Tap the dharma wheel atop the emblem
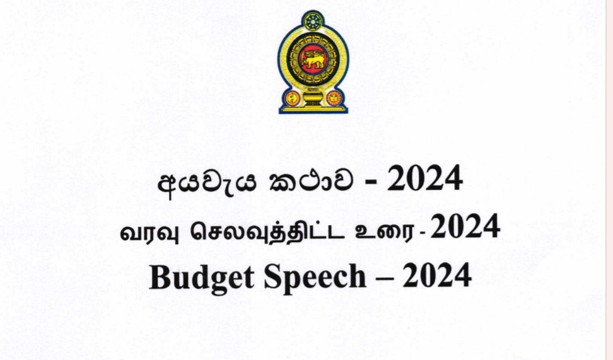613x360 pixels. [x=313, y=21]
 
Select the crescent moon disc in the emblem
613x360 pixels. [x=292, y=98]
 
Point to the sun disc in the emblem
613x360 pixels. [x=334, y=98]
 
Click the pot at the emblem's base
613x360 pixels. [x=313, y=97]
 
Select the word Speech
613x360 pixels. [x=315, y=277]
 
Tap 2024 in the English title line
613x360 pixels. [x=436, y=276]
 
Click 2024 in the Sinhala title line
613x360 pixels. [x=425, y=178]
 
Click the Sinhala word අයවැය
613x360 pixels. [x=207, y=183]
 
